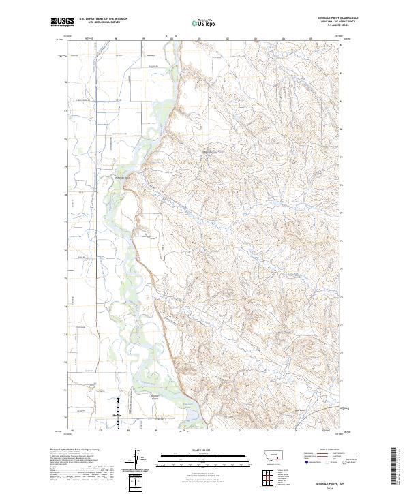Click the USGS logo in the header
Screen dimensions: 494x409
point(62,22)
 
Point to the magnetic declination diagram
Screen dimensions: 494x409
point(138,457)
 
